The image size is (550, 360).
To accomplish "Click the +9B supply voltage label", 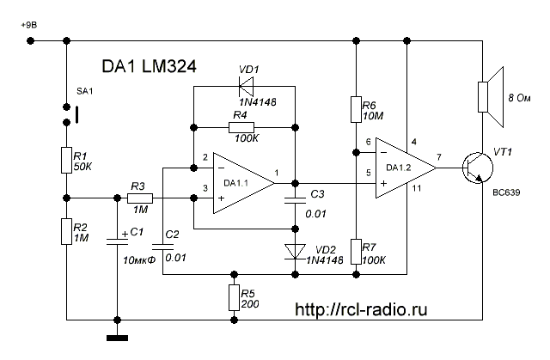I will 28,26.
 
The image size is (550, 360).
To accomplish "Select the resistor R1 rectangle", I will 66,160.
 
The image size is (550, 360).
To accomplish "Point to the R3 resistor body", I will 140,198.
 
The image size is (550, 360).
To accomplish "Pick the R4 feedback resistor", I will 243,128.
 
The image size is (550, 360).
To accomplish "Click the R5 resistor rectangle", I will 234,297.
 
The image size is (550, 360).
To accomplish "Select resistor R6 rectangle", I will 355,110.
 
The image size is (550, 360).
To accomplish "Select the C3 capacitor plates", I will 294,199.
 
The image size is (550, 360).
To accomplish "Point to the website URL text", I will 361,308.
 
